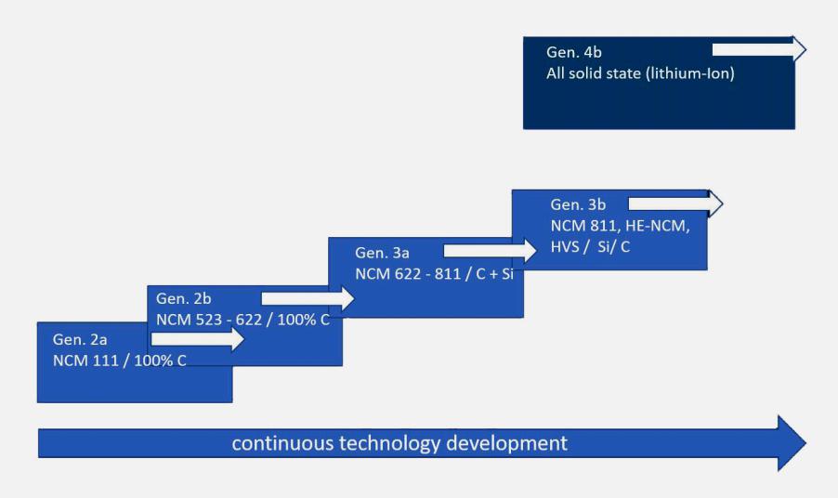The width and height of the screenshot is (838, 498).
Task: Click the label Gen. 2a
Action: [x=80, y=339]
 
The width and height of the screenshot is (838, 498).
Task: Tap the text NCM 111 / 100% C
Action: [x=119, y=360]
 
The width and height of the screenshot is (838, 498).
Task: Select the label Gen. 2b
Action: [x=183, y=298]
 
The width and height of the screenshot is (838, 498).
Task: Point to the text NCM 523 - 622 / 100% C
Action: [x=242, y=320]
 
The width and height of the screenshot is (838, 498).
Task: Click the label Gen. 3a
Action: [x=382, y=252]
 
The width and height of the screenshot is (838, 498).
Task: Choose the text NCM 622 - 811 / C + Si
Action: [x=434, y=273]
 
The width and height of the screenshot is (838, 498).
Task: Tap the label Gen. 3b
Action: [x=578, y=204]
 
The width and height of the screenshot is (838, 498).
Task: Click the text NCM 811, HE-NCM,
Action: [x=620, y=226]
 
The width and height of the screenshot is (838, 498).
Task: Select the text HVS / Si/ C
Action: [x=590, y=247]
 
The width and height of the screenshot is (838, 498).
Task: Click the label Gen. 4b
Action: [x=573, y=52]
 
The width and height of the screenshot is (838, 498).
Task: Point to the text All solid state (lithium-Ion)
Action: [x=640, y=73]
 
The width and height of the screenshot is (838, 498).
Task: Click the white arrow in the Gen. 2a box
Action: [x=198, y=339]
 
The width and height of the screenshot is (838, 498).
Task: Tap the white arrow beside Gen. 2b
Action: [x=308, y=298]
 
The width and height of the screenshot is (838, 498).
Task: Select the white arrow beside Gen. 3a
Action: [x=491, y=250]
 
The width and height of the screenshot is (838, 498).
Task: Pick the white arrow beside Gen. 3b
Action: [x=675, y=203]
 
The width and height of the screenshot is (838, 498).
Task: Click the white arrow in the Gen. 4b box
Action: [x=759, y=49]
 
